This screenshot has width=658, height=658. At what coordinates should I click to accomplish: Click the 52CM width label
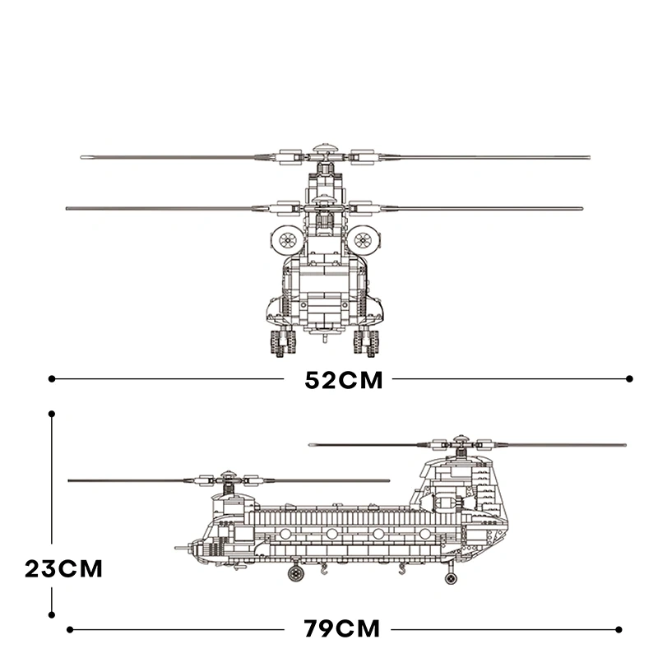click(344, 380)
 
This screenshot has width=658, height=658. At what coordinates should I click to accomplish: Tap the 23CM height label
click(63, 568)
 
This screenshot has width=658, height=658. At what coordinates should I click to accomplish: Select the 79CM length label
click(342, 630)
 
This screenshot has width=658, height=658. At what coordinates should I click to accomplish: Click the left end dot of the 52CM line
click(52, 379)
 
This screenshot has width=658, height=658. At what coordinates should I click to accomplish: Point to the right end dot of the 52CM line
click(630, 379)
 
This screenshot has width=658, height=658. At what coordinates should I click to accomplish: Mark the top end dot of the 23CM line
click(52, 415)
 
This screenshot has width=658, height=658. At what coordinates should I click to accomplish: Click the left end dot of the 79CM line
click(70, 630)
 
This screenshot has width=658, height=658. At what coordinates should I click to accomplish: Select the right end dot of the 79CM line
click(630, 630)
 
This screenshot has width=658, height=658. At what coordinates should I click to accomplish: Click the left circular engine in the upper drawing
click(287, 239)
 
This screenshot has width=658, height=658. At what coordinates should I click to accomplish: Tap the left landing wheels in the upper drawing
click(282, 341)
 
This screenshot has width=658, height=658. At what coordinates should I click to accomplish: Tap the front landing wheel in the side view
click(295, 572)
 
